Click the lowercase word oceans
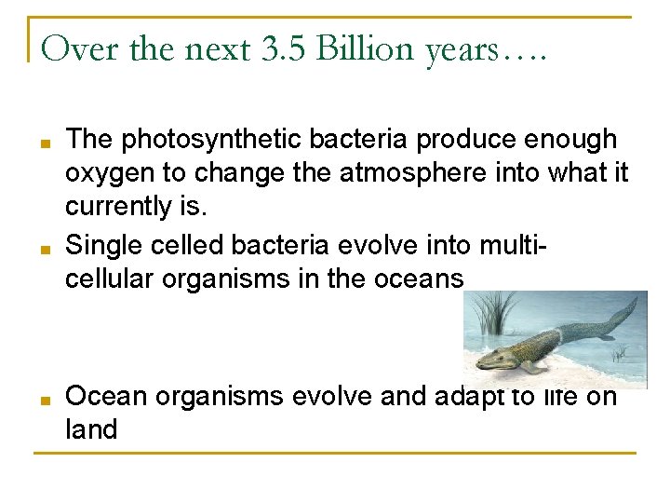pyautogui.click(x=420, y=278)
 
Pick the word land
pyautogui.click(x=91, y=429)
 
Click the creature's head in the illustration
pyautogui.click(x=498, y=357)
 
